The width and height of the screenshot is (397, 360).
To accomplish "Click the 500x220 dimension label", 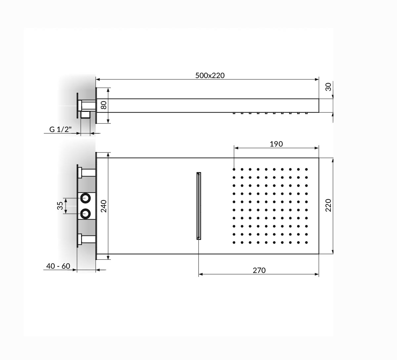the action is (210, 75).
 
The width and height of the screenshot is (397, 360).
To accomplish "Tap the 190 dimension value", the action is (276, 144).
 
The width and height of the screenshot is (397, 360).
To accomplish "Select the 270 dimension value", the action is (259, 270).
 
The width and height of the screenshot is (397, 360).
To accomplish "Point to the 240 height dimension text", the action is (104, 206).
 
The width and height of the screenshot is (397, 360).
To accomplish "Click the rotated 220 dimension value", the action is (328, 205).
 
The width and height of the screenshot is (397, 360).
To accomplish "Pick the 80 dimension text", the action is (104, 105).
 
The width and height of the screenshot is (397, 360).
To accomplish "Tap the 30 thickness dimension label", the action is (328, 87).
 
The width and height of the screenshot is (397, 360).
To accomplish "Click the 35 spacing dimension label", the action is (60, 206).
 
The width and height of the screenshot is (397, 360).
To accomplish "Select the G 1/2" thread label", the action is (60, 129).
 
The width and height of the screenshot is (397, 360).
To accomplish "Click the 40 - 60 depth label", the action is (58, 266).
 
